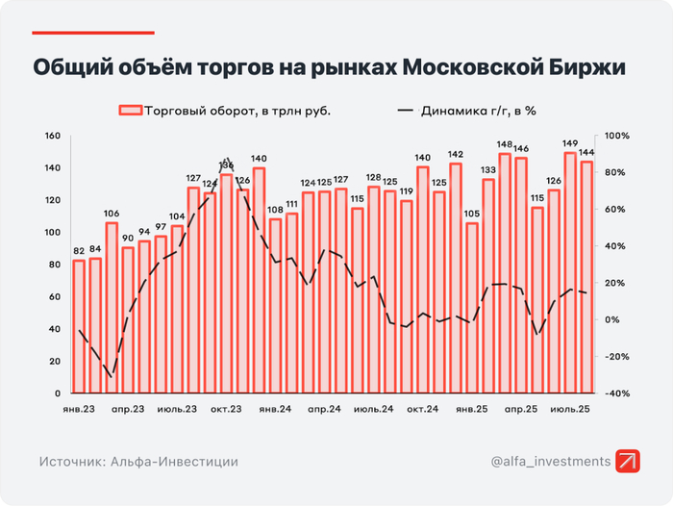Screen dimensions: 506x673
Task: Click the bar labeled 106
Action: (112, 308)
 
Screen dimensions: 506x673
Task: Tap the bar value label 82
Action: (79, 251)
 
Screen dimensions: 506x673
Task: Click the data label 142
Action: (456, 154)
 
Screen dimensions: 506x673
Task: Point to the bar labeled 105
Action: (471, 308)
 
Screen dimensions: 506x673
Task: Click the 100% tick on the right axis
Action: (615, 136)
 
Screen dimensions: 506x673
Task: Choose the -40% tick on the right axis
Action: (615, 393)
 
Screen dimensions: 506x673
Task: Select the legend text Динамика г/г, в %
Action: (478, 110)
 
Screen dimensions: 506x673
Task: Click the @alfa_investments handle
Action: (550, 462)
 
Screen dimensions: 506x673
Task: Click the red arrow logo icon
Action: (629, 461)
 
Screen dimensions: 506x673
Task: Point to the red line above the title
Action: (93, 32)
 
